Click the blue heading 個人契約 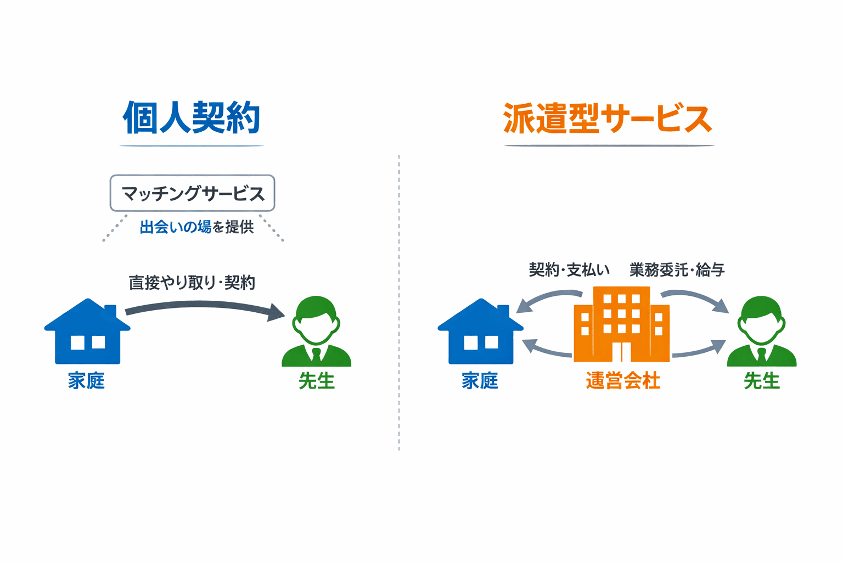(192, 118)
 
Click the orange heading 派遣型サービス (608, 119)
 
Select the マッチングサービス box (192, 193)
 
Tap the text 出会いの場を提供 (196, 227)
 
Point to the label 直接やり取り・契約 (192, 283)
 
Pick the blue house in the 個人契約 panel (87, 333)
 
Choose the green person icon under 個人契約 (316, 333)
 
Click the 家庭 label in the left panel (86, 380)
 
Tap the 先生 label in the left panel (317, 380)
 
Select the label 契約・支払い (569, 269)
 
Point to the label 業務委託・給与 (677, 269)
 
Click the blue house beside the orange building (480, 333)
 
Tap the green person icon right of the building (762, 333)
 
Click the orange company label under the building (622, 380)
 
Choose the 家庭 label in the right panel (480, 380)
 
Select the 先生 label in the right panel (762, 380)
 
